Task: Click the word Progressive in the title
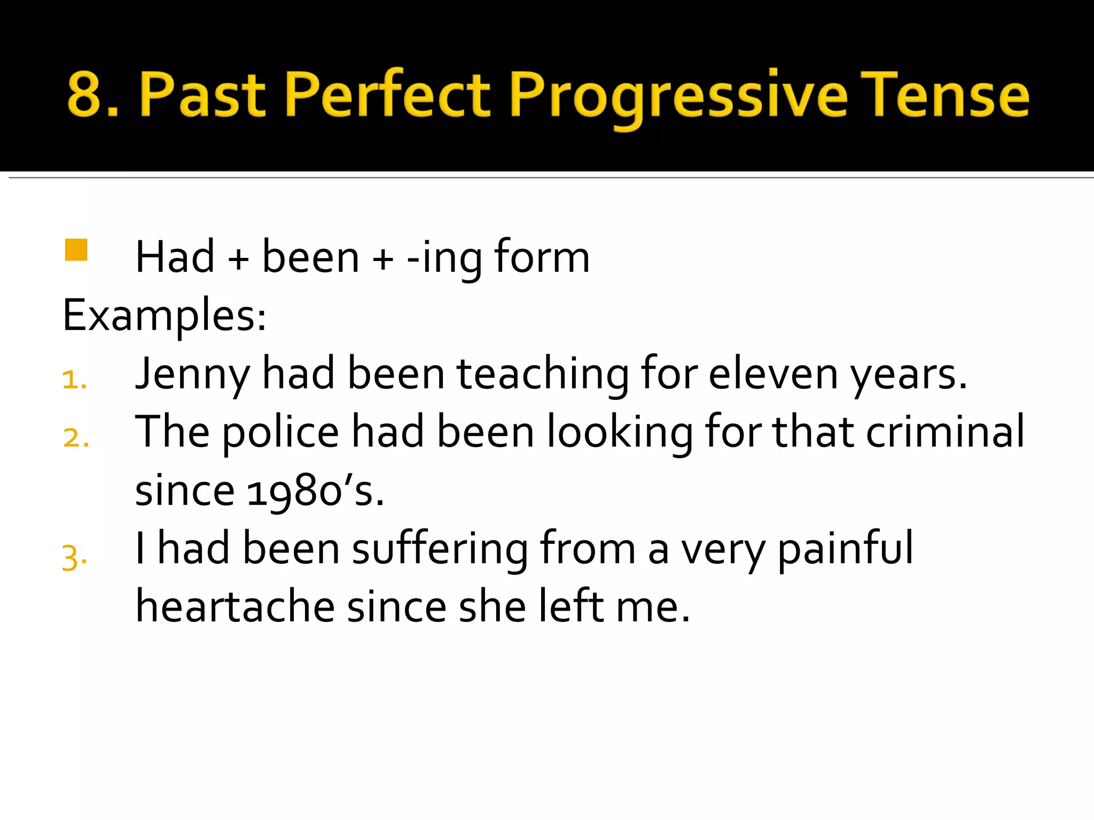pos(678,96)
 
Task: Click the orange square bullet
pos(76,250)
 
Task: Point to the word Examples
pos(164,316)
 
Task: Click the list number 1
pos(74,380)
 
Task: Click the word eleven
pos(773,374)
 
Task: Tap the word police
pos(280,433)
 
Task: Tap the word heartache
pos(235,607)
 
